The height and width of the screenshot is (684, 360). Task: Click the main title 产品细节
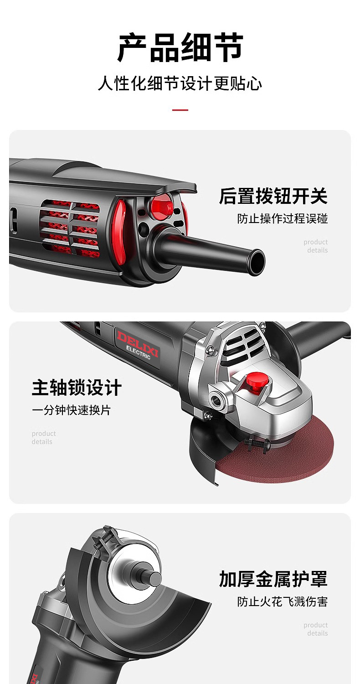point(180,47)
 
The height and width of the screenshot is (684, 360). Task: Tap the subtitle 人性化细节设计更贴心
point(180,83)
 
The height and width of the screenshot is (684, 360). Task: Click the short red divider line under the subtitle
point(180,110)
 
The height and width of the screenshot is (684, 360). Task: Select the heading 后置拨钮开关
point(273,196)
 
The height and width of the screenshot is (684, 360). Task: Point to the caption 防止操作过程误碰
point(283,218)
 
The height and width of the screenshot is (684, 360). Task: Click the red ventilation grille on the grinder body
point(71,228)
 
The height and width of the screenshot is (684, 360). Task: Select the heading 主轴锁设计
point(77,388)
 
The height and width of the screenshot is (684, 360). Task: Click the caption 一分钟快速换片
point(71,410)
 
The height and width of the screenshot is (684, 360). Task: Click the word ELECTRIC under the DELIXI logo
point(138,352)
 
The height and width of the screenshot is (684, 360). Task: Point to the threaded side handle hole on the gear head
point(216,399)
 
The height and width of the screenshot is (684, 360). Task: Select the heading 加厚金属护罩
point(273,579)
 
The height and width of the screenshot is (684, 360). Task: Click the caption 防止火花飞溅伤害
point(283,601)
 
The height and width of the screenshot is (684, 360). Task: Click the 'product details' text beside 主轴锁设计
point(44,438)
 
